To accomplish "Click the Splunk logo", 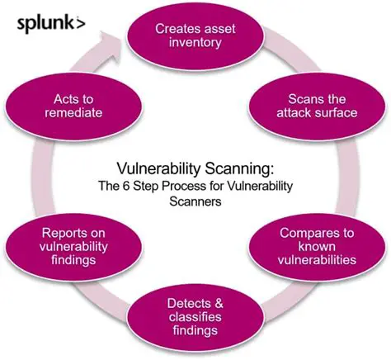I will point(50,22).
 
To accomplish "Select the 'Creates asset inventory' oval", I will point(195,36).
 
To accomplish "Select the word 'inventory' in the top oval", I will point(195,44).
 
